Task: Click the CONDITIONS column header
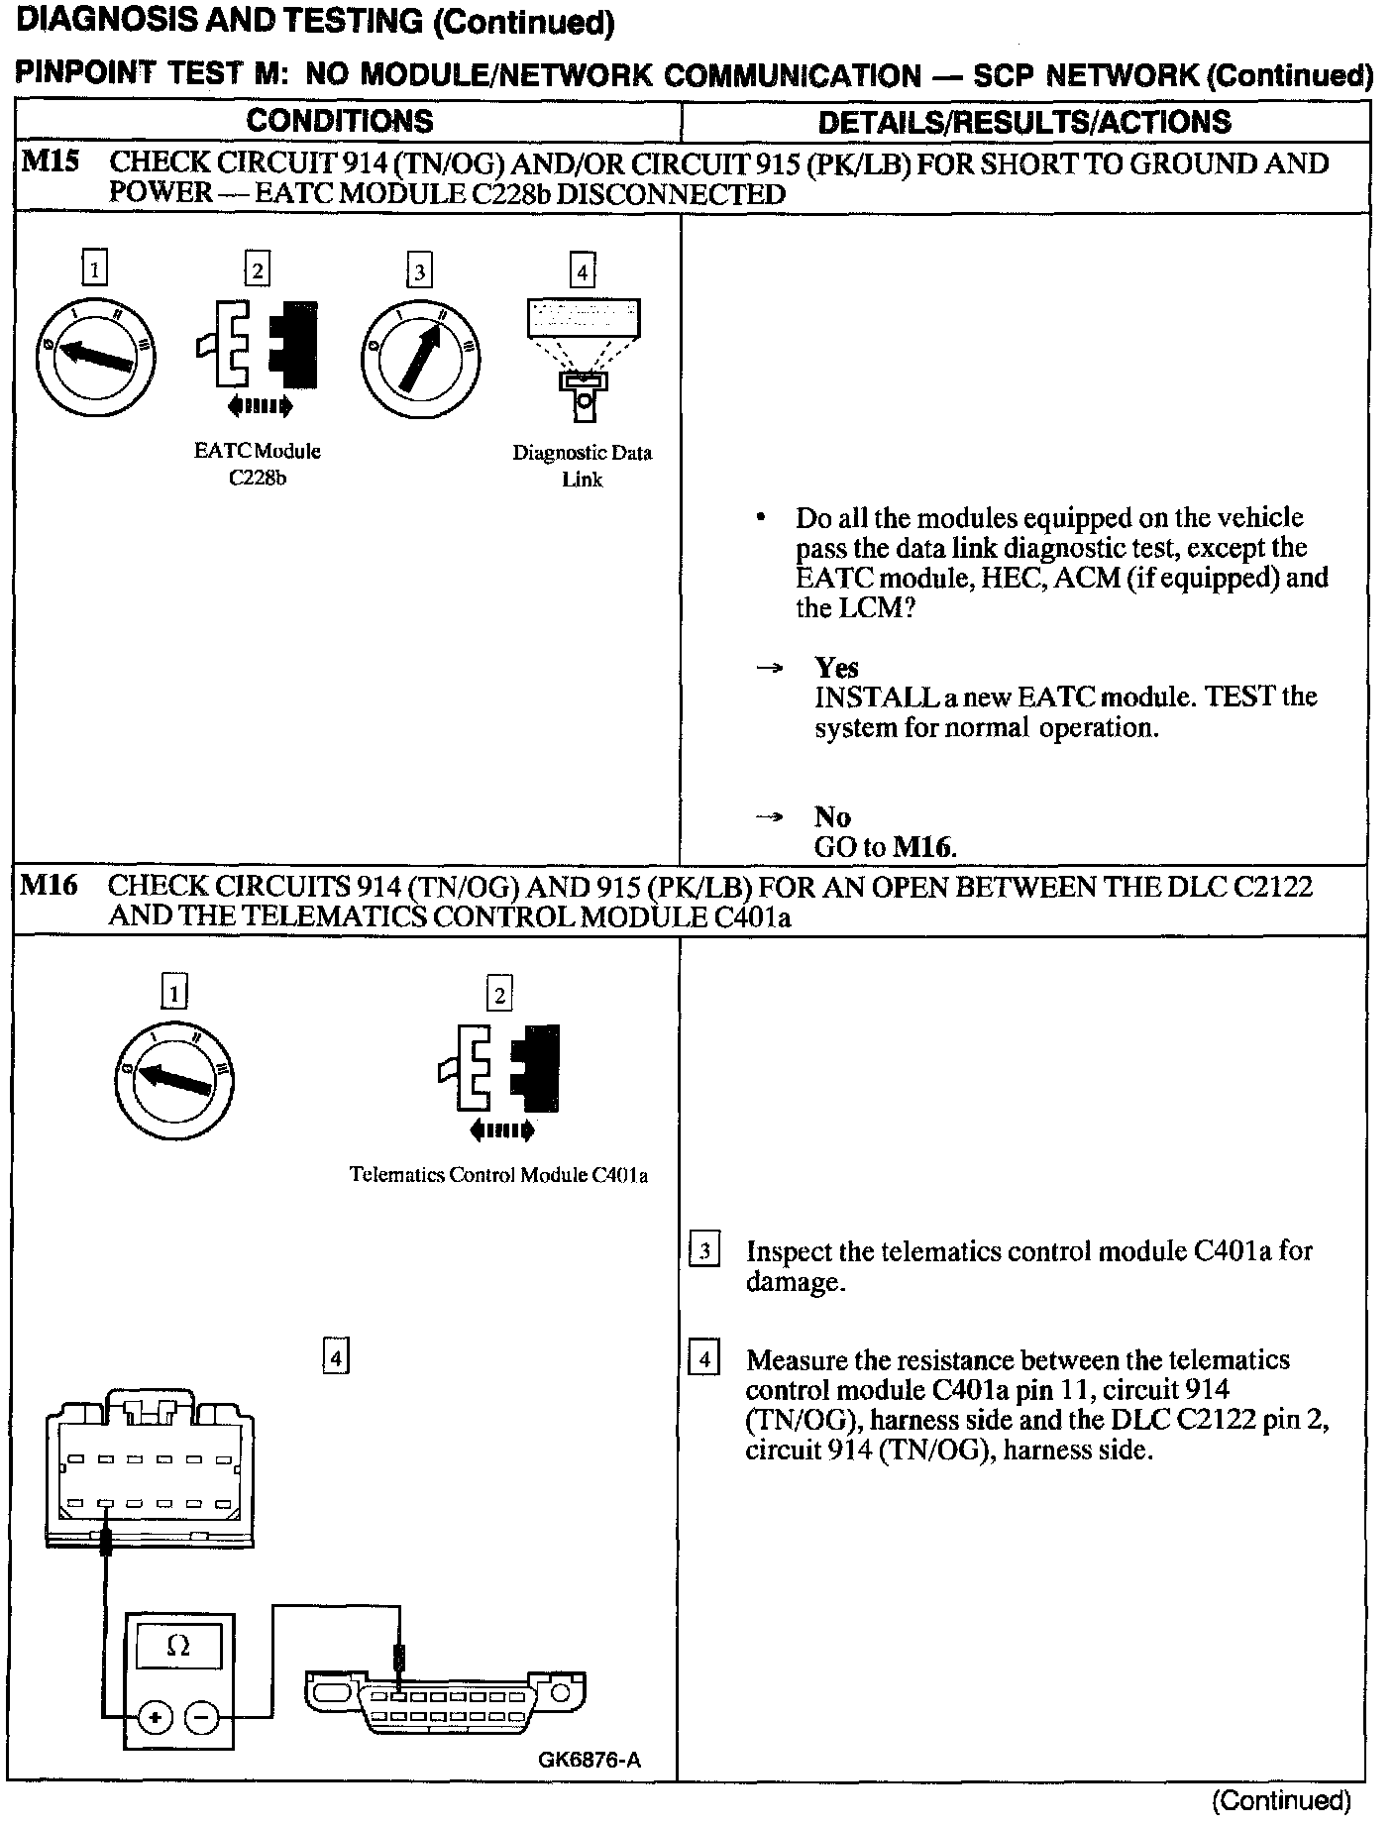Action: tap(340, 121)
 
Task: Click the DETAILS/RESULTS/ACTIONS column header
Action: tap(1024, 122)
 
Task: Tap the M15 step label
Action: tap(50, 162)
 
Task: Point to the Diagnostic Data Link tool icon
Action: tap(583, 358)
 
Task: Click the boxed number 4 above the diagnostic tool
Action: tap(583, 270)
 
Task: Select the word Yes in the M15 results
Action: tap(836, 667)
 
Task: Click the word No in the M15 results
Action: tap(832, 816)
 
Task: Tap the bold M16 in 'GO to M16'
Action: tap(923, 847)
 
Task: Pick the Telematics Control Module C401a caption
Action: tap(498, 1175)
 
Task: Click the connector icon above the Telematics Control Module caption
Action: tap(499, 1076)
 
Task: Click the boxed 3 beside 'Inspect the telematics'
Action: tap(704, 1250)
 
